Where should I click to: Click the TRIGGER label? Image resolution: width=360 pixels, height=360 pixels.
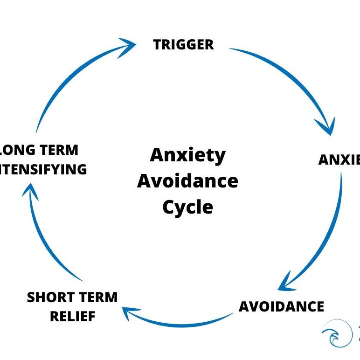183,45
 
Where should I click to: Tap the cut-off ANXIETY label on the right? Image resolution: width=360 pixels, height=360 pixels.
339,159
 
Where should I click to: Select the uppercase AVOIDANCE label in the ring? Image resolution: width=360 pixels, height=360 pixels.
281,306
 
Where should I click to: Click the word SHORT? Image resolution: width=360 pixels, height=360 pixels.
49,298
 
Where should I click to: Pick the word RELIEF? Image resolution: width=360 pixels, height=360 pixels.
72,317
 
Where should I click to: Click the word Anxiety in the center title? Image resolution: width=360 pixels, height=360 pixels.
187,155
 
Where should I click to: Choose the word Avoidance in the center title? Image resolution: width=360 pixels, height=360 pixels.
187,181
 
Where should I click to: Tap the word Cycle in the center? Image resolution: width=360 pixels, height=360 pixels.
187,207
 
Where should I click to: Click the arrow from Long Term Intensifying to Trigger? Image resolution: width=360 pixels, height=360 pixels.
70,75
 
